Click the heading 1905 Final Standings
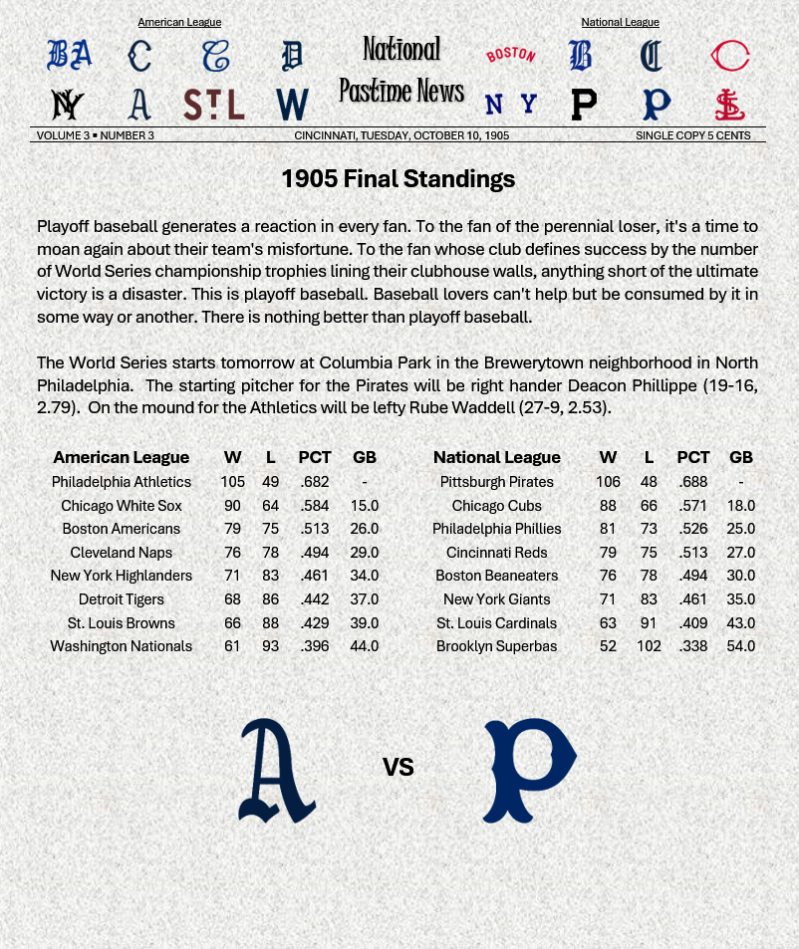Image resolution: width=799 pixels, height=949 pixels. coord(398,179)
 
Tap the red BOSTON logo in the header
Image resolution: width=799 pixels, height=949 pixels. coord(510,55)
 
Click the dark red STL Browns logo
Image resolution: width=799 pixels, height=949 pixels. coord(214,105)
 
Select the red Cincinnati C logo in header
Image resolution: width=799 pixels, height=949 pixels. coord(730,56)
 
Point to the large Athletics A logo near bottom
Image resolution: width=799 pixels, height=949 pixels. coord(276,771)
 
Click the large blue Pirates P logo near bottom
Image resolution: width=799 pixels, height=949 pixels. coord(529,770)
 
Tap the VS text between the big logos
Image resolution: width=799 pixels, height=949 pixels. coord(398,767)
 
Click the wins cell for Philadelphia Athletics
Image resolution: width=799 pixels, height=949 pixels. coord(232,482)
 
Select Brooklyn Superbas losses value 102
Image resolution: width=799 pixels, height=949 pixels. coord(649,646)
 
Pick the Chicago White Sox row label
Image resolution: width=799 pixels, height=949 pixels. coord(122,506)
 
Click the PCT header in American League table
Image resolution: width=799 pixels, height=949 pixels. coord(315,457)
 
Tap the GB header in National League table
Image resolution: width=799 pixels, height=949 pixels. coord(740,457)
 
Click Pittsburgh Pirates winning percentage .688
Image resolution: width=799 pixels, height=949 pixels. coord(693,482)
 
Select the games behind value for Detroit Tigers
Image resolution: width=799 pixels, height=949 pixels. coord(365,599)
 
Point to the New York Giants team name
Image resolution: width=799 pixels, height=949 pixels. coord(496,599)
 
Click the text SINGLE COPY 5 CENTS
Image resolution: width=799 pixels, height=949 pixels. coord(693,135)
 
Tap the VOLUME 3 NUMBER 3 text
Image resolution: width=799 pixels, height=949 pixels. coord(96,135)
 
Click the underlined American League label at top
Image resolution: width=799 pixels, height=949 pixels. coord(179,22)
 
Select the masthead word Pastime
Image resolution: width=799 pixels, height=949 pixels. coord(378,91)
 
